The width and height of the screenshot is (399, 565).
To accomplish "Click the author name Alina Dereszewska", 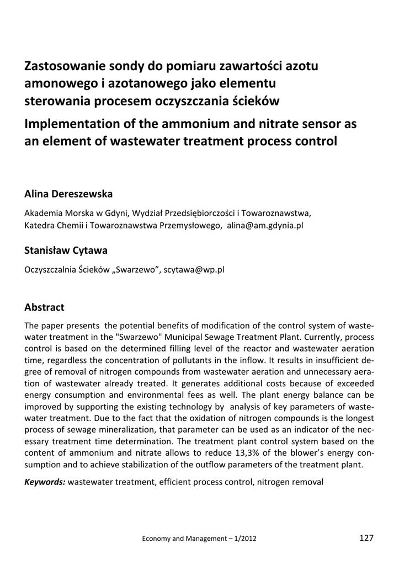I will (x=68, y=194).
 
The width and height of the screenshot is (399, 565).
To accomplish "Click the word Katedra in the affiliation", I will (x=40, y=225).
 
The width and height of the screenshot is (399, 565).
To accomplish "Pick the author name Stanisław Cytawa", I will (x=66, y=250).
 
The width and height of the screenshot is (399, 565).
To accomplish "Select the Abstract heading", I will (x=45, y=307).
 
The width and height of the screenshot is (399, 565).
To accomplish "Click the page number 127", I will (x=366, y=538).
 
